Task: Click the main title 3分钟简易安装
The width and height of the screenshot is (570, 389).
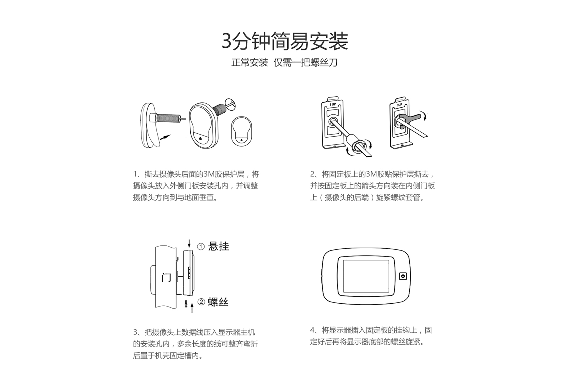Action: (285, 41)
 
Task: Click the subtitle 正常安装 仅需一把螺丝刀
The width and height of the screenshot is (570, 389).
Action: (284, 63)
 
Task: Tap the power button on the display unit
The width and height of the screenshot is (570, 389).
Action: (403, 276)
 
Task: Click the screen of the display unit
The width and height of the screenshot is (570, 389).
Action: (366, 276)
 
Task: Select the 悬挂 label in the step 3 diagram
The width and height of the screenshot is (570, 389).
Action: (218, 246)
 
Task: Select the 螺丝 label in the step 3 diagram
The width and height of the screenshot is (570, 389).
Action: (218, 302)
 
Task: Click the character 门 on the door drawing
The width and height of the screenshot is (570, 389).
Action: (166, 278)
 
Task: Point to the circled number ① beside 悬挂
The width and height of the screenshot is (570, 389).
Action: (201, 247)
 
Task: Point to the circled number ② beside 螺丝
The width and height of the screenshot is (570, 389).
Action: (201, 302)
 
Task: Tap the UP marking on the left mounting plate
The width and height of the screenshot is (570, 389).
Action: (333, 104)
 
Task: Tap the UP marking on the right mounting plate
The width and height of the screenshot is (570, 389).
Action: (399, 105)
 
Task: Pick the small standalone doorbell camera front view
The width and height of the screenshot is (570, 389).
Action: (241, 131)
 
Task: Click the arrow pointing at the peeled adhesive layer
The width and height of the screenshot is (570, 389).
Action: (165, 137)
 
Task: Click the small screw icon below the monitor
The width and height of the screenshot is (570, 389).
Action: (186, 304)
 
